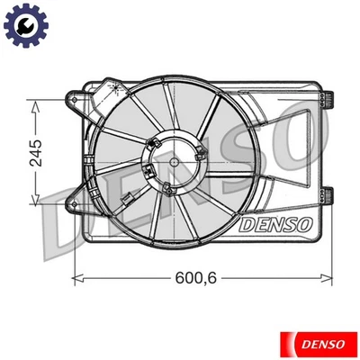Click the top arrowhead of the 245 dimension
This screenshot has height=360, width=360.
click(35, 105)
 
